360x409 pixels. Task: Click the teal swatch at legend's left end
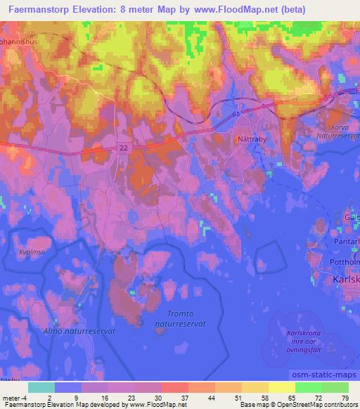(x=41, y=387)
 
